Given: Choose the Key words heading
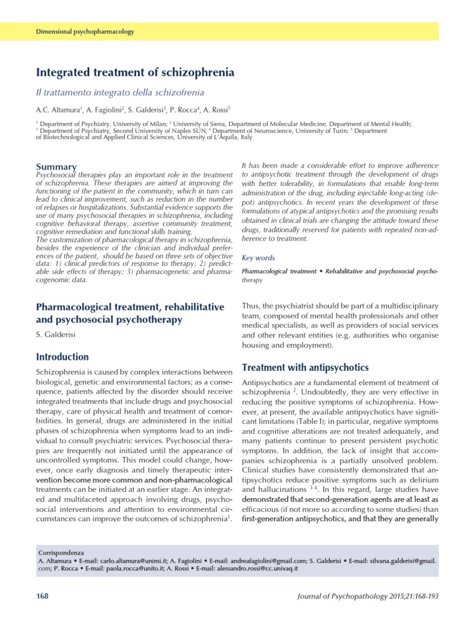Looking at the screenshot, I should (x=258, y=258).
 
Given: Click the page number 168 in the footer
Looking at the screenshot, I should (x=43, y=595).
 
